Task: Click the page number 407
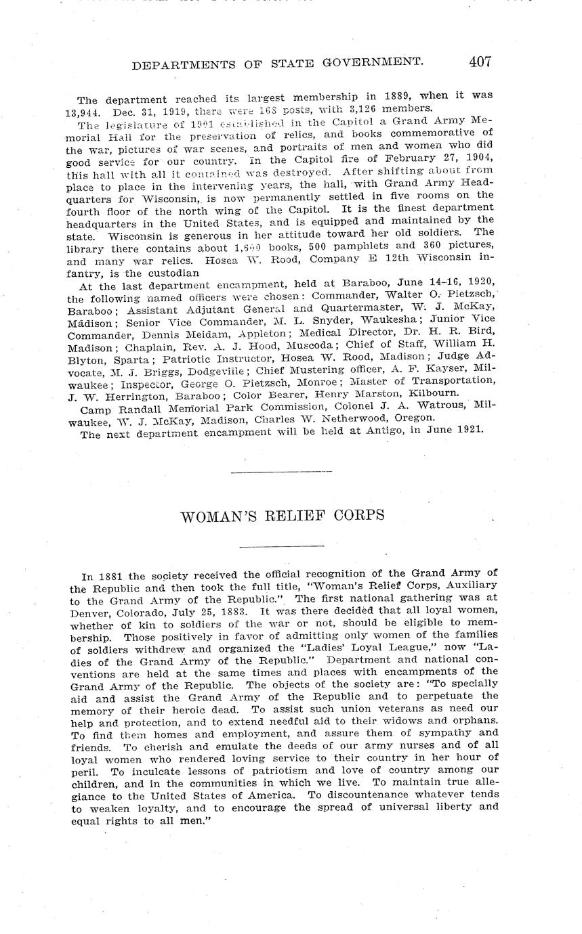point(479,62)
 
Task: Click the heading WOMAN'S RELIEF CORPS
point(283,516)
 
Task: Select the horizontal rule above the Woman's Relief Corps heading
point(282,472)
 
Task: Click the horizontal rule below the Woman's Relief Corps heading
point(282,546)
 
